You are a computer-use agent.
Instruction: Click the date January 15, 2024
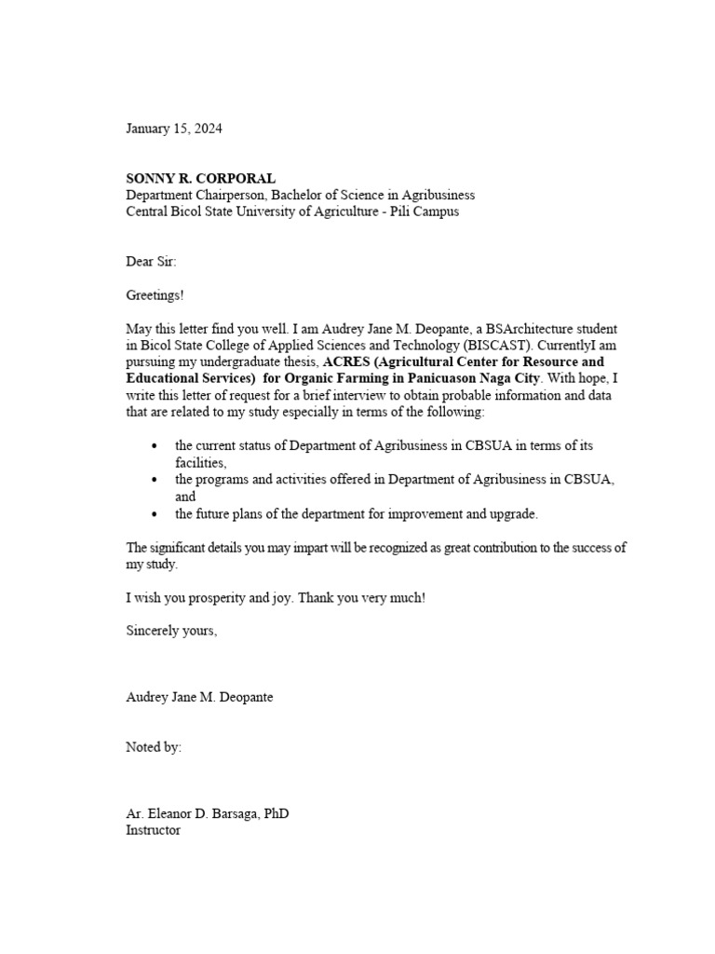pos(174,129)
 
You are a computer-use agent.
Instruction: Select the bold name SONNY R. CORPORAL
pos(200,178)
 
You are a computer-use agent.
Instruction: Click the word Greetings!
pos(155,295)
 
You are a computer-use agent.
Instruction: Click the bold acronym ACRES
pos(345,361)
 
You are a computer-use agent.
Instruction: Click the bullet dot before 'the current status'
pos(155,446)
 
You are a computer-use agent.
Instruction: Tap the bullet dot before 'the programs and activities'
pos(155,480)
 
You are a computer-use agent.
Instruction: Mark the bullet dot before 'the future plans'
pos(155,514)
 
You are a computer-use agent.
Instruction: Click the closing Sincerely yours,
pos(171,631)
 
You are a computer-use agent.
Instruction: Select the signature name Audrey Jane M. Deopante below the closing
pos(199,697)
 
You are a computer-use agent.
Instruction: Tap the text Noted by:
pos(154,747)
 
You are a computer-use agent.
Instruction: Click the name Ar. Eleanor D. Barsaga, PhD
pos(208,813)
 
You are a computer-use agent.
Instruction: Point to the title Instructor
pos(153,829)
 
